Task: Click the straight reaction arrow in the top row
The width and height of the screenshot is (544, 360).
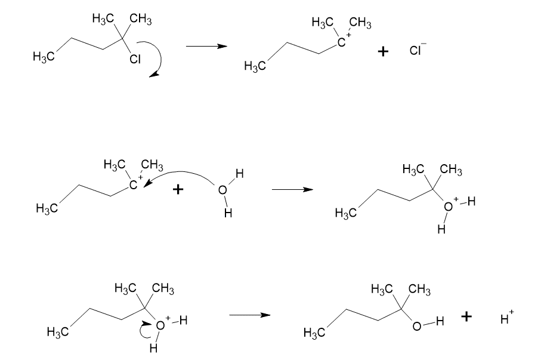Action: [206, 47]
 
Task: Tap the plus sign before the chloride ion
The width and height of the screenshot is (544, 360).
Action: [384, 53]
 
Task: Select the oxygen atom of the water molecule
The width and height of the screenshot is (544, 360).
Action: [222, 190]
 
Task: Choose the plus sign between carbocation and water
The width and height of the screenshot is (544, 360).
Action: [178, 190]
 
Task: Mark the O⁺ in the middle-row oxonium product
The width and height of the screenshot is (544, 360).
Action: [450, 207]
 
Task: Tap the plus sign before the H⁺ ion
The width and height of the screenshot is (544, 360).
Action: [466, 318]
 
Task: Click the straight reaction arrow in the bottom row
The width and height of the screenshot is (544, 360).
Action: [250, 316]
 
